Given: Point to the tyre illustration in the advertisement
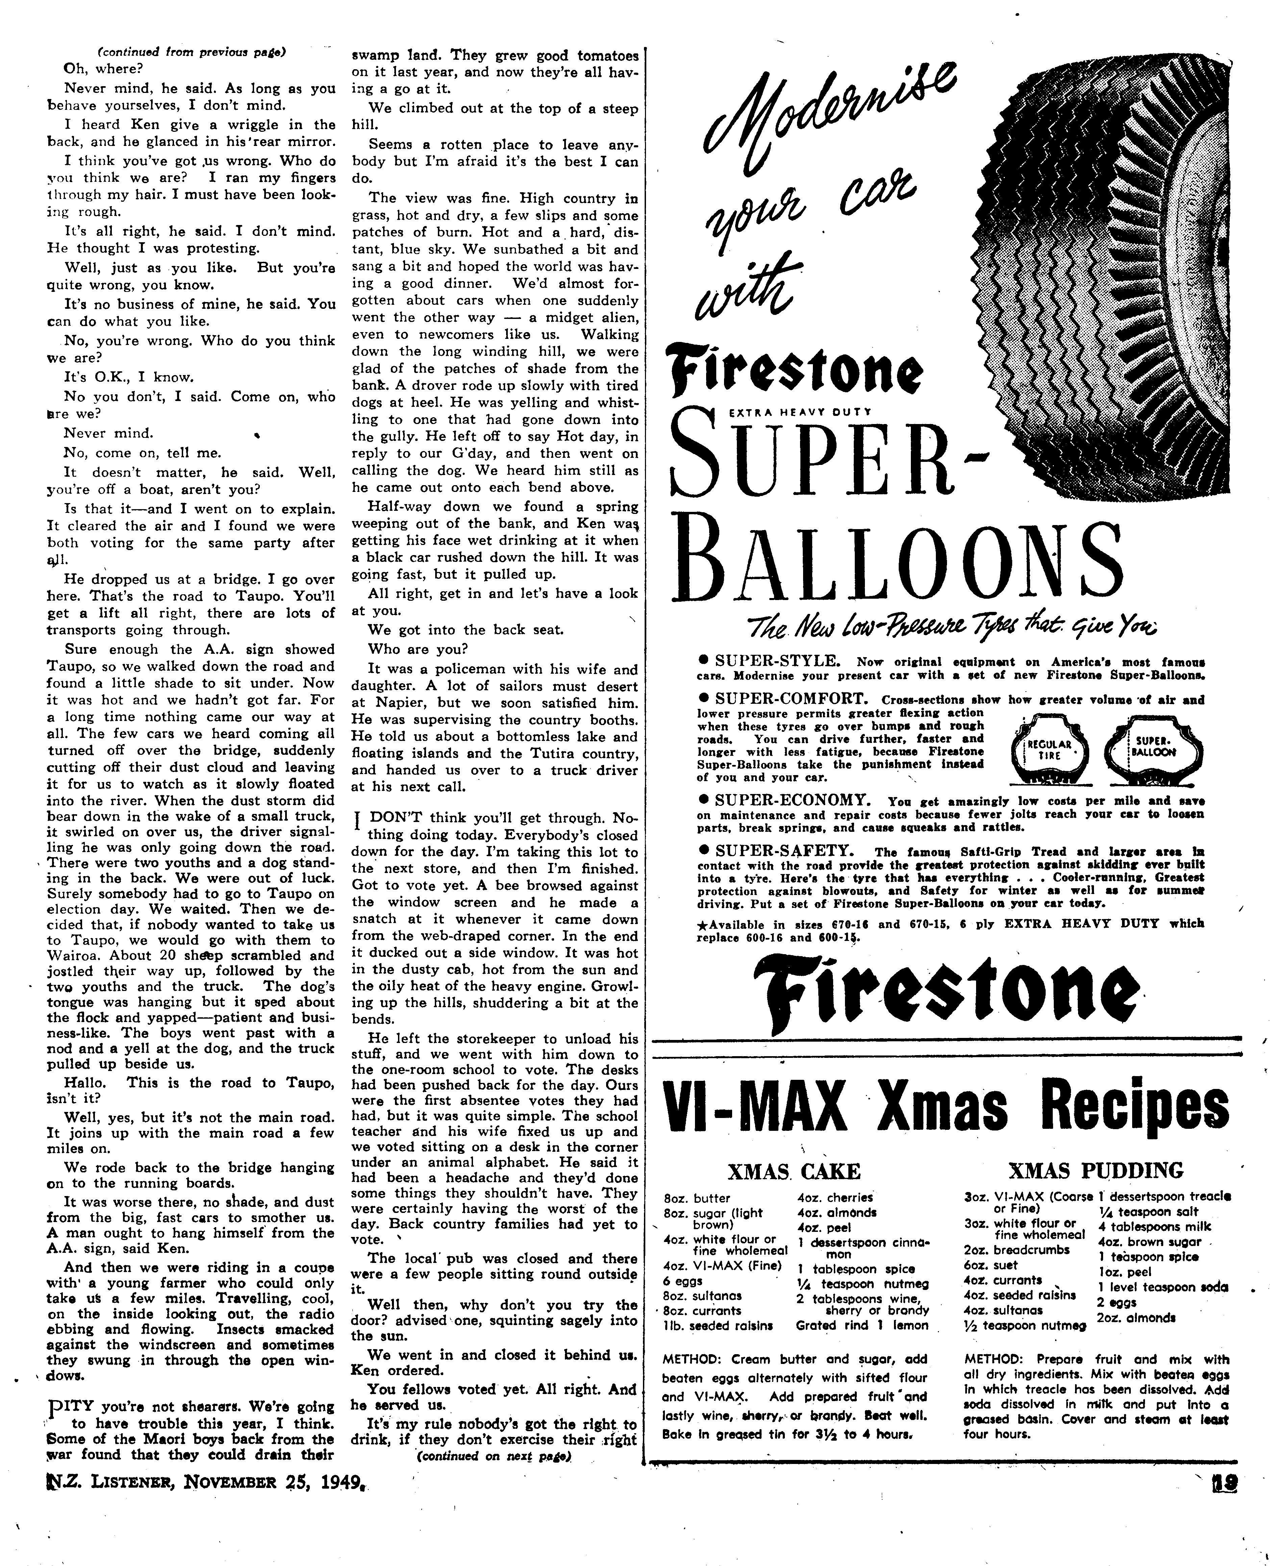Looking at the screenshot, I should (x=1112, y=278).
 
